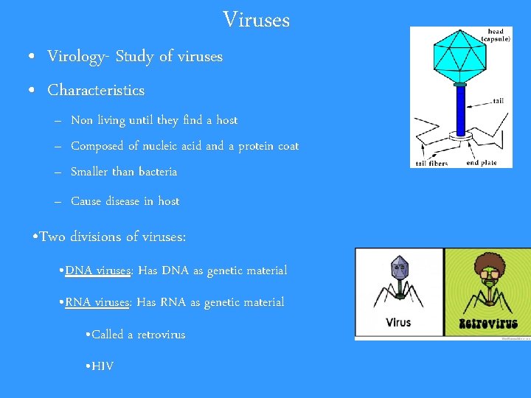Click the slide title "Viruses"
coord(256,20)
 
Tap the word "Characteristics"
coord(96,91)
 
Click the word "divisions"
coord(96,237)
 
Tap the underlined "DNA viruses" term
coord(98,270)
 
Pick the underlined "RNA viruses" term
coord(98,302)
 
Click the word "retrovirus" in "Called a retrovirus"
coord(161,335)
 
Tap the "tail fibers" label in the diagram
coord(431,163)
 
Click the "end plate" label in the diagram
coord(482,162)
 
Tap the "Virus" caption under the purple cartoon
coord(398,323)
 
